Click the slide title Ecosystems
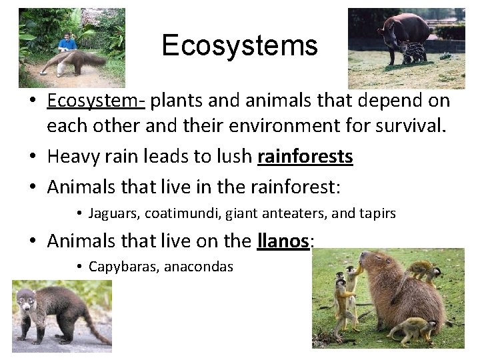pyautogui.click(x=239, y=46)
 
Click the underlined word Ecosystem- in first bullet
pyautogui.click(x=97, y=101)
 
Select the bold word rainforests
pyautogui.click(x=305, y=157)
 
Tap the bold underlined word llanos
pyautogui.click(x=283, y=240)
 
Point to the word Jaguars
pyautogui.click(x=111, y=213)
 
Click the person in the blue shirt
pyautogui.click(x=67, y=45)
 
